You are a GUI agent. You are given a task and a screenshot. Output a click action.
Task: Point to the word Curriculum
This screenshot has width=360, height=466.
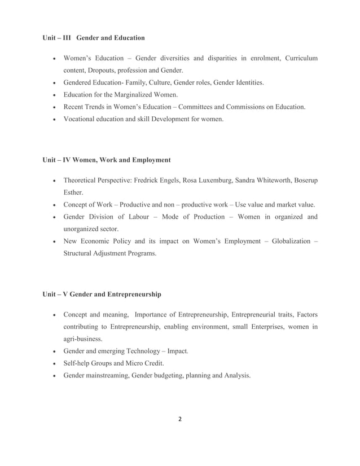[x=301, y=59]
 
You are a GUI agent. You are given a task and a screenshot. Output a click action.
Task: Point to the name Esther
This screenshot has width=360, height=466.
[x=73, y=192]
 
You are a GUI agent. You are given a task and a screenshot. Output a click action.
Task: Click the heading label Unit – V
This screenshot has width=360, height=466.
[x=55, y=294]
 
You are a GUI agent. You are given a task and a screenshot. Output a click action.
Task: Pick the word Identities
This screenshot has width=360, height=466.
[x=247, y=83]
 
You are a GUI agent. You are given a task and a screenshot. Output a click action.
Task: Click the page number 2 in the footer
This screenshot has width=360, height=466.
[x=179, y=419]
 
